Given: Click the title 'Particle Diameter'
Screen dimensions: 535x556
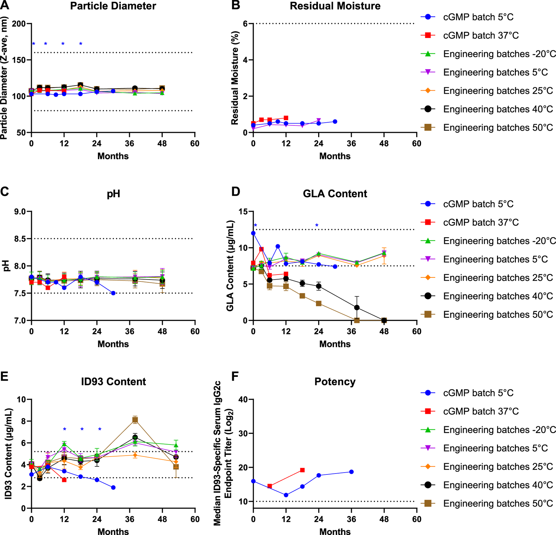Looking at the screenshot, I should pyautogui.click(x=113, y=6).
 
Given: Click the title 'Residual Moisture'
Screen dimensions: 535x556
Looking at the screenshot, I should pyautogui.click(x=335, y=6).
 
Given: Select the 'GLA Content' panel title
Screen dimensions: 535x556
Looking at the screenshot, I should pyautogui.click(x=335, y=194).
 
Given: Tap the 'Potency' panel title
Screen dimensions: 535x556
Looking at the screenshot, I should pyautogui.click(x=335, y=382).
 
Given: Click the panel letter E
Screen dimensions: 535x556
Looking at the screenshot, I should pyautogui.click(x=4, y=377).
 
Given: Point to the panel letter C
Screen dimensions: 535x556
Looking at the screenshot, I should pyautogui.click(x=4, y=191).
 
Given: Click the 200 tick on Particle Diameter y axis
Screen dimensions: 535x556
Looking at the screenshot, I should pyautogui.click(x=19, y=24).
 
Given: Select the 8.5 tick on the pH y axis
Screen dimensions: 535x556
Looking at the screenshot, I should pyautogui.click(x=20, y=239).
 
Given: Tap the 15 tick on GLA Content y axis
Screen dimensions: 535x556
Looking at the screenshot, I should pyautogui.click(x=243, y=212).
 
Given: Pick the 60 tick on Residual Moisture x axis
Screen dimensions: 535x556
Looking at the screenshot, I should pyautogui.click(x=417, y=144).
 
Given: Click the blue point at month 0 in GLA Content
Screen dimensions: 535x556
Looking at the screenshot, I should pyautogui.click(x=253, y=233).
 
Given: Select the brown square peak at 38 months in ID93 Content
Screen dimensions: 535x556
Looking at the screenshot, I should pyautogui.click(x=135, y=420).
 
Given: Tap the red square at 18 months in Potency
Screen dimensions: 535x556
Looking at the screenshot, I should pyautogui.click(x=302, y=470).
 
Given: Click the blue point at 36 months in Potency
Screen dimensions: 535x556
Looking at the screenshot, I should pyautogui.click(x=351, y=472).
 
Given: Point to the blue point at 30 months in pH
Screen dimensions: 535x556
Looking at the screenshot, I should pyautogui.click(x=113, y=293).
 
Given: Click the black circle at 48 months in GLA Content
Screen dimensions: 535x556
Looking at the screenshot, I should pyautogui.click(x=384, y=320).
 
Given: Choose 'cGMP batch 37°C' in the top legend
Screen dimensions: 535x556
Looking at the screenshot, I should pyautogui.click(x=481, y=35).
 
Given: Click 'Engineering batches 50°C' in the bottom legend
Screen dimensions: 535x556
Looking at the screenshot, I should pyautogui.click(x=498, y=504).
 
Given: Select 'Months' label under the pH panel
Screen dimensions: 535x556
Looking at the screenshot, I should pyautogui.click(x=113, y=344).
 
